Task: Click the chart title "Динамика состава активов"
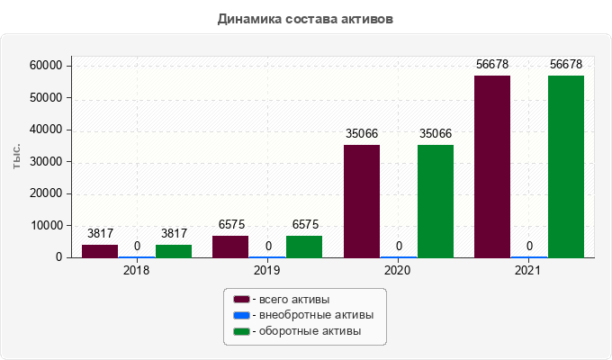[306, 18]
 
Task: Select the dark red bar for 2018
[100, 251]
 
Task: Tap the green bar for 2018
[174, 251]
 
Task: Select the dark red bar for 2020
[362, 201]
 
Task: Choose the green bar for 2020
[436, 201]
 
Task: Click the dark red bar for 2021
[492, 166]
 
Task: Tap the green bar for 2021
[566, 166]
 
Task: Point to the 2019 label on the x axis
[267, 269]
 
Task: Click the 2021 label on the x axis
[529, 269]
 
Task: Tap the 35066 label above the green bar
[436, 134]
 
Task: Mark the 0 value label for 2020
[399, 247]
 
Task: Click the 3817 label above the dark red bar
[100, 234]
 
